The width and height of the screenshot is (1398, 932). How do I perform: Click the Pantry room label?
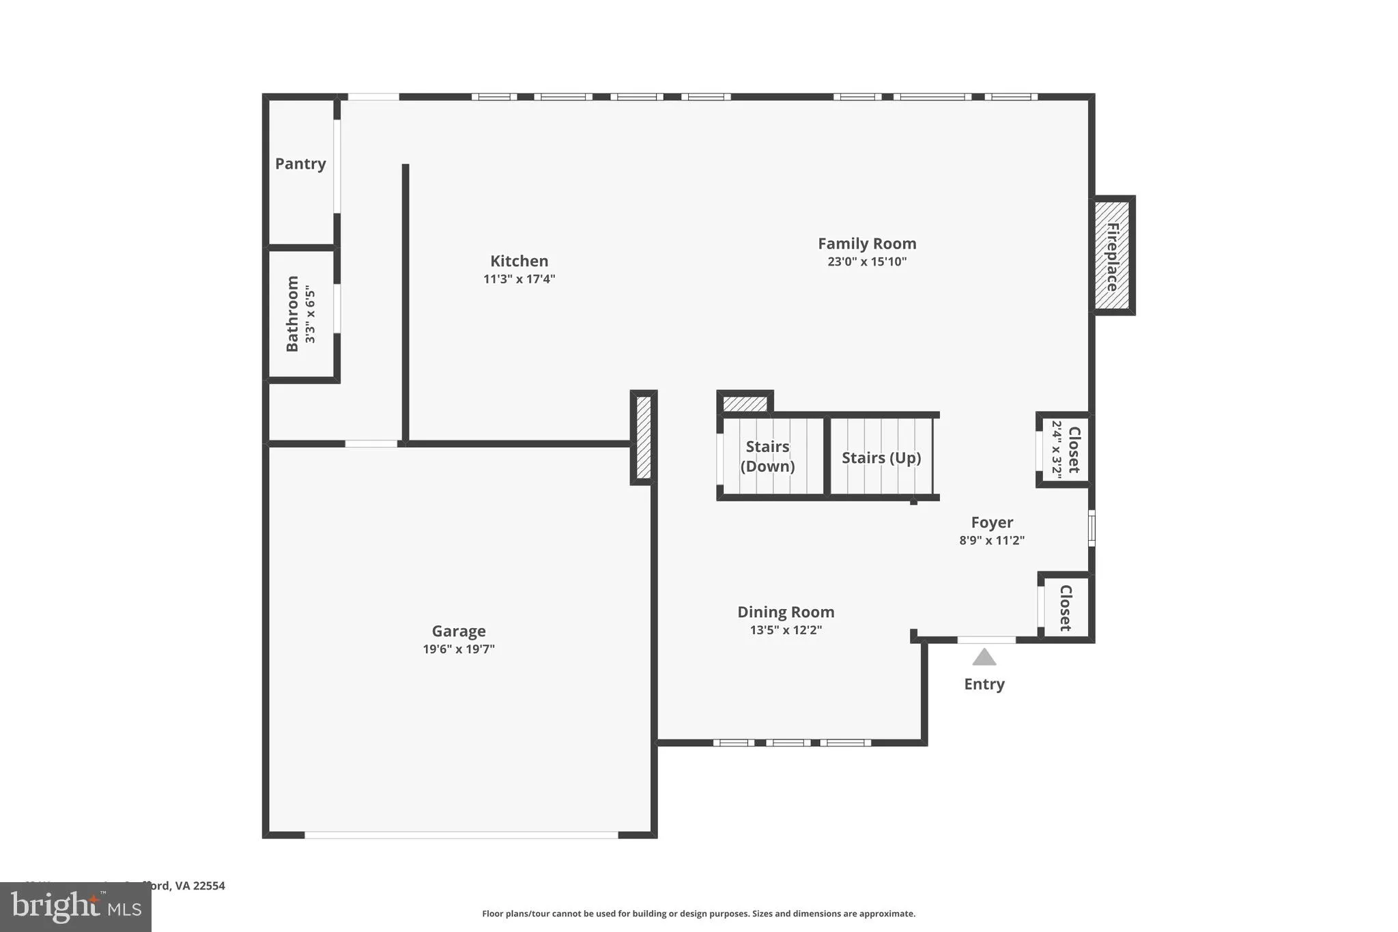[300, 164]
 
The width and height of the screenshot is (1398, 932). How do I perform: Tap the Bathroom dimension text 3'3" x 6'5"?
[311, 314]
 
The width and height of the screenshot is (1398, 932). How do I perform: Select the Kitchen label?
[519, 261]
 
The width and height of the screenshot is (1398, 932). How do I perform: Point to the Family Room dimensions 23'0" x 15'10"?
[867, 262]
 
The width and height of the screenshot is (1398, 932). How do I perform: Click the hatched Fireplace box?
[1112, 255]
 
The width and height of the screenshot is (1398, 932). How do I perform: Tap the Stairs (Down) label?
[767, 456]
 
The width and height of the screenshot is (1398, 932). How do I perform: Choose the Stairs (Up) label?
[881, 457]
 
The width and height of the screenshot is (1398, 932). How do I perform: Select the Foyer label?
[992, 522]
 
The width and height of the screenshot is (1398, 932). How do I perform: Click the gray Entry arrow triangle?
[984, 658]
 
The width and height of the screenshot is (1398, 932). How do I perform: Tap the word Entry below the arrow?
[984, 684]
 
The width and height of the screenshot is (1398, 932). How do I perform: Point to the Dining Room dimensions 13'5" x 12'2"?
[786, 630]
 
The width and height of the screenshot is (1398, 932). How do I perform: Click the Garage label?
[459, 631]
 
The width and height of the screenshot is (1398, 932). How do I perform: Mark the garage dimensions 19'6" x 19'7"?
[459, 649]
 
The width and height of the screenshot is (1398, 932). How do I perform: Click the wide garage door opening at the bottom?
[461, 834]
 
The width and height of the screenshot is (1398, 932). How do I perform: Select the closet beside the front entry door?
[1066, 607]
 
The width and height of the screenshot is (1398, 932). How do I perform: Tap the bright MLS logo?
[75, 907]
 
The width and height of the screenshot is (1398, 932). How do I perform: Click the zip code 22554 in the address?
[209, 886]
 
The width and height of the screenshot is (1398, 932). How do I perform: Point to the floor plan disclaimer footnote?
[698, 914]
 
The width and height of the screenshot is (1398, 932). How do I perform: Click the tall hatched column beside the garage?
[643, 437]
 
